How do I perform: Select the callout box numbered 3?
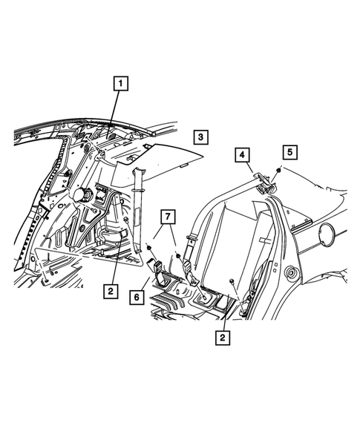pos(200,137)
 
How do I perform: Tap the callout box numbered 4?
pos(242,155)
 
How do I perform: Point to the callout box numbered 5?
pos(289,151)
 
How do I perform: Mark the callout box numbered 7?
pos(168,217)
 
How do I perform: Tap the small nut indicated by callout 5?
pos(276,172)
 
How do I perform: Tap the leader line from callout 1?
pos(114,111)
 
